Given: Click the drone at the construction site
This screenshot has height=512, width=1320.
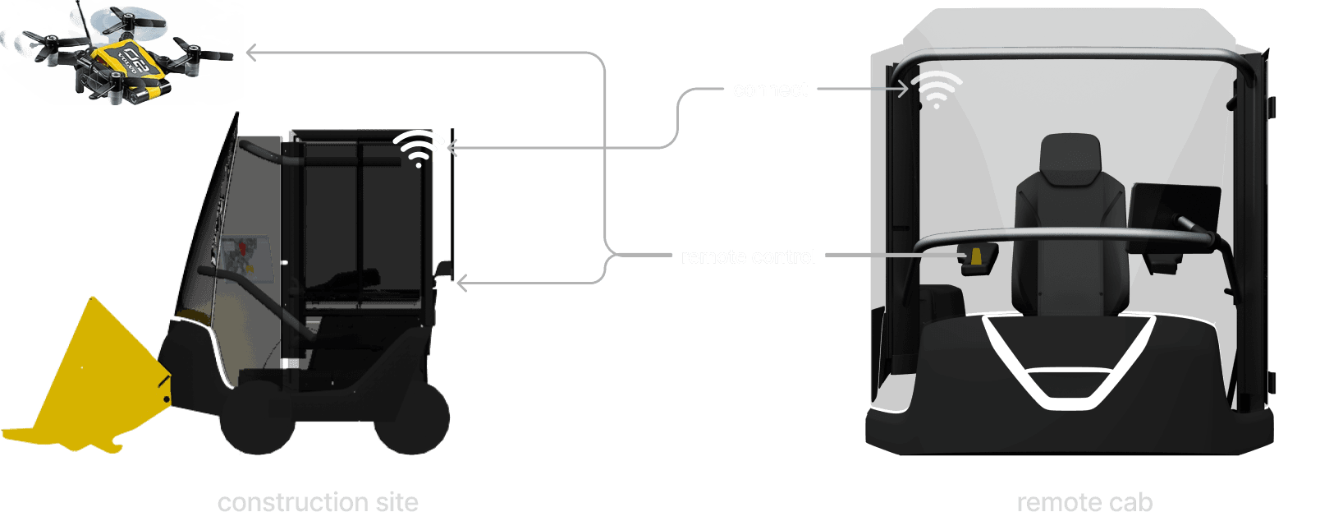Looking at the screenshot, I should pos(123,53).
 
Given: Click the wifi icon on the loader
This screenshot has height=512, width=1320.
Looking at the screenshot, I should pos(419,149).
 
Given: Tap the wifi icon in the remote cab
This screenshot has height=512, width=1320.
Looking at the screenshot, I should pos(937,90).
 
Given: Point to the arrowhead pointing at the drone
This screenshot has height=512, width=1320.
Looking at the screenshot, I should pos(251,53).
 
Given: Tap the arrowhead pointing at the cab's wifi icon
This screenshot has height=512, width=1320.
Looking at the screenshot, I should pos(904,89).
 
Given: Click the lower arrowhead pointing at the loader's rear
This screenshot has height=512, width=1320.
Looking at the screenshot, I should pos(461,284).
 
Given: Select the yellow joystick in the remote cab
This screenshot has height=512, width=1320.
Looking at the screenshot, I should pos(977,256).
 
